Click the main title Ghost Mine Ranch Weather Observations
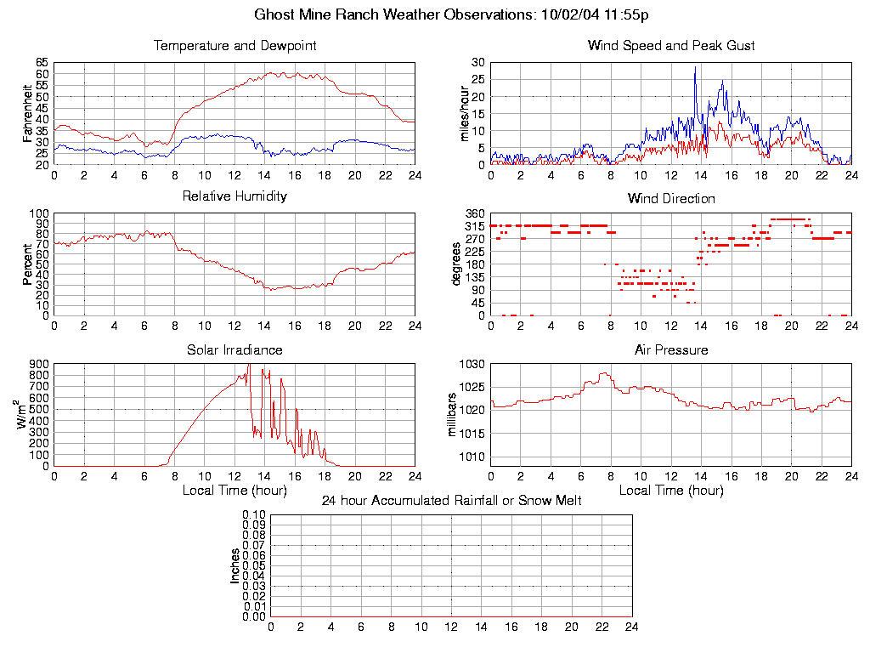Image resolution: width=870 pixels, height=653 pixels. click(x=451, y=14)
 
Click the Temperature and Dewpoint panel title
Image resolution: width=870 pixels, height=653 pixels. click(x=234, y=45)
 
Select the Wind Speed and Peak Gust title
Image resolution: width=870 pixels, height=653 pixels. click(x=671, y=45)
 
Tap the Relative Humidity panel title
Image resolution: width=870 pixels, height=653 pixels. click(x=234, y=196)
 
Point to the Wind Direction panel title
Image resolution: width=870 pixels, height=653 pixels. click(x=671, y=198)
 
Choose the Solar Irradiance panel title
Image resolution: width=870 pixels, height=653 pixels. click(x=234, y=349)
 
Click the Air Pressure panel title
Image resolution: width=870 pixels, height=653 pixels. click(x=671, y=349)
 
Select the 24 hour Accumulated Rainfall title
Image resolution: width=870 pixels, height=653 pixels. click(x=451, y=501)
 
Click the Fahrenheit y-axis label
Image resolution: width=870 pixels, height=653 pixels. click(x=27, y=113)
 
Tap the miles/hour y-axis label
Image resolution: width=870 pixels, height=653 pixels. click(x=464, y=113)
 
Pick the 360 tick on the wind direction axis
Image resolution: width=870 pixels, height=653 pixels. click(x=474, y=213)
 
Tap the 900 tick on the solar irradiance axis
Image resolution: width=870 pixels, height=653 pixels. click(x=39, y=365)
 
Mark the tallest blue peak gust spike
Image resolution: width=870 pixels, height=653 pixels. click(x=695, y=68)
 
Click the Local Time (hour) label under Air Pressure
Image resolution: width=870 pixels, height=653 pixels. click(x=671, y=491)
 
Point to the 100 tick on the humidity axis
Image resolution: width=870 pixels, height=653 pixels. click(x=39, y=213)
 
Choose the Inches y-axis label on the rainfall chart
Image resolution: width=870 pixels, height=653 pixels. click(x=234, y=565)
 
